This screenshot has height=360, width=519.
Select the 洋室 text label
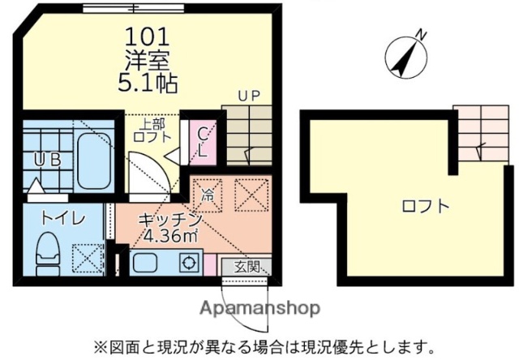click(147, 59)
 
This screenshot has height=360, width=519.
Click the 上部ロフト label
click(152, 131)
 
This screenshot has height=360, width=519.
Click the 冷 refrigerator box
click(208, 195)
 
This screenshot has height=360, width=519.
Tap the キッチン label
click(169, 219)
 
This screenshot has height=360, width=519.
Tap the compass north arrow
click(406, 52)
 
